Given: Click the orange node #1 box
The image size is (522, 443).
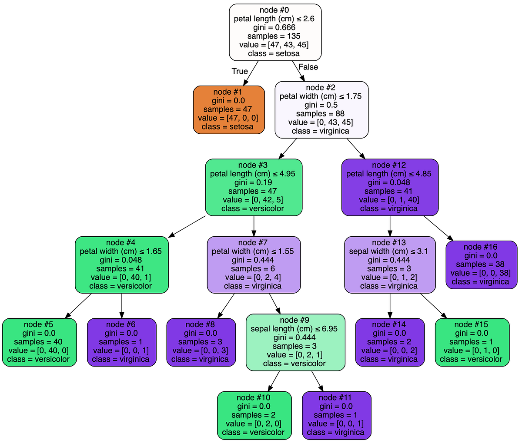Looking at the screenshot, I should (x=229, y=109).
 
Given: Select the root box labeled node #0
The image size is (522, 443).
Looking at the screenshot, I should (x=275, y=32).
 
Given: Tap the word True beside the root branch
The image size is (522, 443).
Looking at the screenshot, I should (x=240, y=71).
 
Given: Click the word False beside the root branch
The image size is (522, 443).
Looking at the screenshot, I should (x=308, y=67).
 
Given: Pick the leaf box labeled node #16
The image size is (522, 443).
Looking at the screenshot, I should (x=481, y=264).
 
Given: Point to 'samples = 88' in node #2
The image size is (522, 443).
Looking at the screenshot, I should (x=321, y=113).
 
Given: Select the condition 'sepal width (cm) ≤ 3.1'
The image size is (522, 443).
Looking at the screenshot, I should (x=390, y=251).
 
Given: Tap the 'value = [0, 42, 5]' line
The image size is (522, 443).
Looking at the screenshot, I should (x=253, y=200).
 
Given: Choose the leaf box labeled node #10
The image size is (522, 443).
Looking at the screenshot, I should (x=254, y=415).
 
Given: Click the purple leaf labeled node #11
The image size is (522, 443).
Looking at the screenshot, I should (x=336, y=415).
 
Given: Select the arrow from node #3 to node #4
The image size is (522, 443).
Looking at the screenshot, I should (x=187, y=226).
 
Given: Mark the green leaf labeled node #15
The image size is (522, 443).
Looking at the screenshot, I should (x=472, y=342).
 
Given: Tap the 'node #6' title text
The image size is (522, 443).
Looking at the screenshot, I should (x=121, y=324).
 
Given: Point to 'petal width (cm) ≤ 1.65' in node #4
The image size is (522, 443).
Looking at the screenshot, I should (x=121, y=251).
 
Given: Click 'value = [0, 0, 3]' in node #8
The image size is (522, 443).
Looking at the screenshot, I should (x=201, y=350).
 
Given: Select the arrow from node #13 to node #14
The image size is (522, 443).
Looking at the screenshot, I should (x=390, y=306).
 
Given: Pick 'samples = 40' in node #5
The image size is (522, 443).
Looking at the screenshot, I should (x=39, y=342).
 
